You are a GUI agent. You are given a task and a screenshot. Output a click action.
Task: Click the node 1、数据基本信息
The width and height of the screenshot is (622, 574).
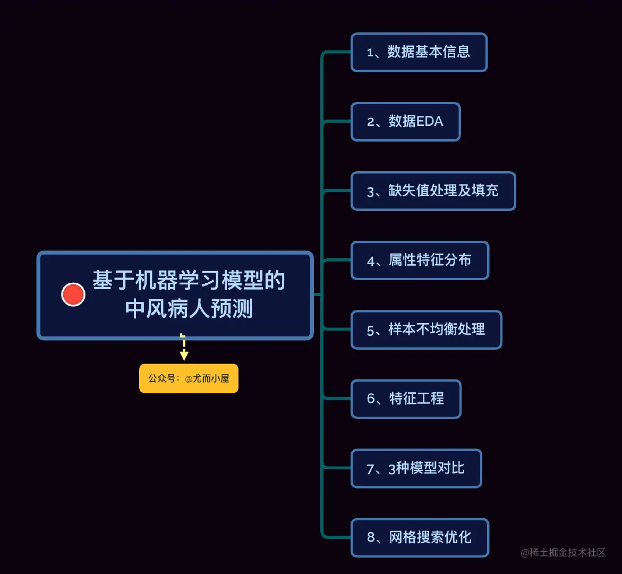[419, 52]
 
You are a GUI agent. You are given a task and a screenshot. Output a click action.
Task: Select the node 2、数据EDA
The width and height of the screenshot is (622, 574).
[405, 122]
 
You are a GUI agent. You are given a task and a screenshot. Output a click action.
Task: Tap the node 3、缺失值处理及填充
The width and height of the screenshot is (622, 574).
[433, 191]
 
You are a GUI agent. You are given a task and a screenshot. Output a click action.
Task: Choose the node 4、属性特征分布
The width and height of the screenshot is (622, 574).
[419, 260]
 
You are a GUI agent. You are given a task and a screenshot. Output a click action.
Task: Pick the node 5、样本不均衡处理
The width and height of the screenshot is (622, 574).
[426, 330]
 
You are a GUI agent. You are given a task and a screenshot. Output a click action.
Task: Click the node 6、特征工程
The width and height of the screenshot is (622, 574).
[406, 399]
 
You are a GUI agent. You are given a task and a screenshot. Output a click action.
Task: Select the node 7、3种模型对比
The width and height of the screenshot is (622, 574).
[416, 468]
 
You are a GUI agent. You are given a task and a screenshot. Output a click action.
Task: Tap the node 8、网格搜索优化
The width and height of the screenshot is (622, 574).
[419, 537]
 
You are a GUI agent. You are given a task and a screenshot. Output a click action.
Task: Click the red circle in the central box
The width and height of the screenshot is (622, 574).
[73, 294]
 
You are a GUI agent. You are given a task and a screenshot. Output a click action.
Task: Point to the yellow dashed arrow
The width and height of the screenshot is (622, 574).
[184, 348]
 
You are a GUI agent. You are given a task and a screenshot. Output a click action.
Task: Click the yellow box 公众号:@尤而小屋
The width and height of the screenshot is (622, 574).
[189, 378]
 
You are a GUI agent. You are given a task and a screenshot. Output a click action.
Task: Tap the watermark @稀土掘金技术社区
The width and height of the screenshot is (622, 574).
[563, 553]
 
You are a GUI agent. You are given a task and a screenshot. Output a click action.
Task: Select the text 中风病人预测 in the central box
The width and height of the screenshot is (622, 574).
[189, 309]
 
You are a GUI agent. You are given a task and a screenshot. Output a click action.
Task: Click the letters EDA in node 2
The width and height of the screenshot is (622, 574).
[430, 122]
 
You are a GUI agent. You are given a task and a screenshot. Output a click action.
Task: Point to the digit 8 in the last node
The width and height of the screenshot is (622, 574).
[371, 538]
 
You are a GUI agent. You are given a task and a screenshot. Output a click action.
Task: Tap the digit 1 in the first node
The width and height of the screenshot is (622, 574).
[370, 53]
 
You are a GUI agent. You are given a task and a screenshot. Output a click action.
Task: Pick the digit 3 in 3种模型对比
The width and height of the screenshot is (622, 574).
[392, 469]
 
